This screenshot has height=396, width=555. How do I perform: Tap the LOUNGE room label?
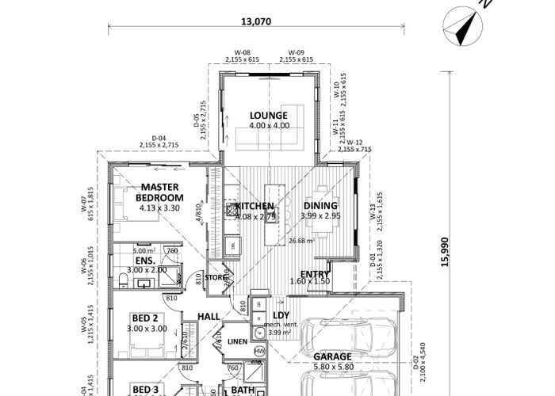click(x=269, y=116)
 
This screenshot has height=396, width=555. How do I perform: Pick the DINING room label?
click(x=321, y=206)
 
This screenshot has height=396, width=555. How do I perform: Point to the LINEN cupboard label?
click(x=237, y=341)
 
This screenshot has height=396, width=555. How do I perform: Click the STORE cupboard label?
click(x=216, y=277)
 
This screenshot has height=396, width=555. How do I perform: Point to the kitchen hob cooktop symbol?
click(x=232, y=210)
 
